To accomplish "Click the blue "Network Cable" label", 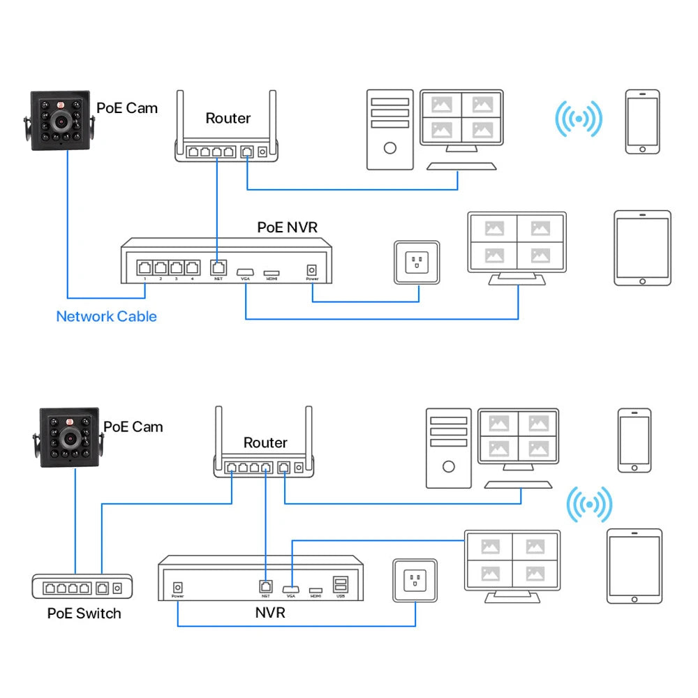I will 106,316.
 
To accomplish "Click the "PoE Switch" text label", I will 84,614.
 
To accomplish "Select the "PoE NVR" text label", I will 288,227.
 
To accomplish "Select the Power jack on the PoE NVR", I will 312,269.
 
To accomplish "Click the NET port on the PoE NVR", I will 218,267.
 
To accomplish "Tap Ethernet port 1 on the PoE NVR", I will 144,267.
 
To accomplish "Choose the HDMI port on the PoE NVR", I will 272,271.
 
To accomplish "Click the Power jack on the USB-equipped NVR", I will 178,588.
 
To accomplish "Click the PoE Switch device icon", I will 82,588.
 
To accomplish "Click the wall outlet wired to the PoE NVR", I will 417,262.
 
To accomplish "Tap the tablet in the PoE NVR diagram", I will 642,248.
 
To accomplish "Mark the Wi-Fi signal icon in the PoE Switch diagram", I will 588,504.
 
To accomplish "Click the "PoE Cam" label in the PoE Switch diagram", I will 133,426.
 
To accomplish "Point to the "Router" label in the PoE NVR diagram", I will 228,118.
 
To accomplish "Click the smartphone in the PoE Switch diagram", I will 634,440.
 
